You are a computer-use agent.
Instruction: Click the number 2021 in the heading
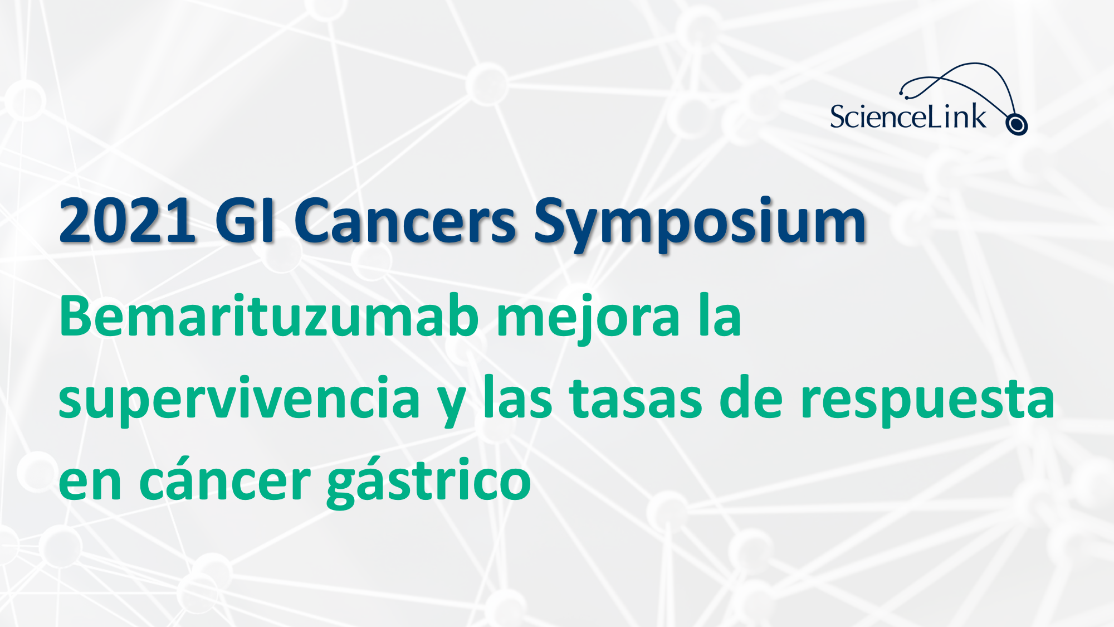pos(127,221)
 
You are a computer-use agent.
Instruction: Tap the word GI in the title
pos(245,221)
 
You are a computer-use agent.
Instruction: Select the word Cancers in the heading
pos(405,221)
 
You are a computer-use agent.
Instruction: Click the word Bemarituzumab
pos(268,316)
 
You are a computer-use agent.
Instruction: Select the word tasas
pos(635,398)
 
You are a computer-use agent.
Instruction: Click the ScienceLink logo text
pos(908,116)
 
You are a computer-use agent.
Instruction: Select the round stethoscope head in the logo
pos(1017,124)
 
